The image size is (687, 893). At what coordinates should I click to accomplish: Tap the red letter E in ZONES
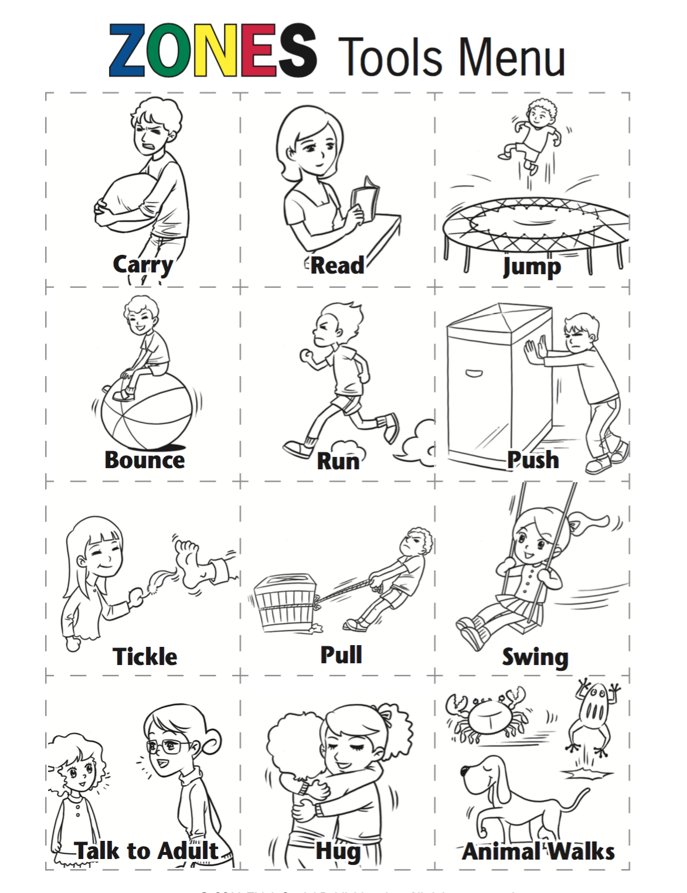pyautogui.click(x=256, y=51)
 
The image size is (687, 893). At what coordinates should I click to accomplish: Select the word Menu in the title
pyautogui.click(x=511, y=57)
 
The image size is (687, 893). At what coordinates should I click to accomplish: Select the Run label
pyautogui.click(x=338, y=461)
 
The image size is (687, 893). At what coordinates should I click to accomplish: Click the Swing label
pyautogui.click(x=535, y=657)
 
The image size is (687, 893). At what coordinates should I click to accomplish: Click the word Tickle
pyautogui.click(x=145, y=657)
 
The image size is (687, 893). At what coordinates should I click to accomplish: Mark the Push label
pyautogui.click(x=533, y=460)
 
